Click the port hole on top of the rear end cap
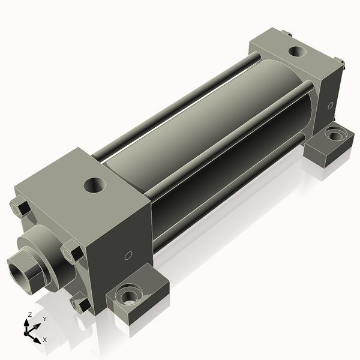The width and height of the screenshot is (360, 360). click(296, 51)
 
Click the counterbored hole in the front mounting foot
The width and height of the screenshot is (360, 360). click(128, 296)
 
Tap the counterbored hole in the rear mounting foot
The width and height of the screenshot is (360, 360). click(334, 135)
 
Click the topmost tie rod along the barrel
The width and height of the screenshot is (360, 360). click(180, 102)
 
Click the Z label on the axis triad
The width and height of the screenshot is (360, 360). click(29, 314)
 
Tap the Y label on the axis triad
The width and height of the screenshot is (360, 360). click(44, 319)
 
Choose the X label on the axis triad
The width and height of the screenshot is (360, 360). click(45, 340)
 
